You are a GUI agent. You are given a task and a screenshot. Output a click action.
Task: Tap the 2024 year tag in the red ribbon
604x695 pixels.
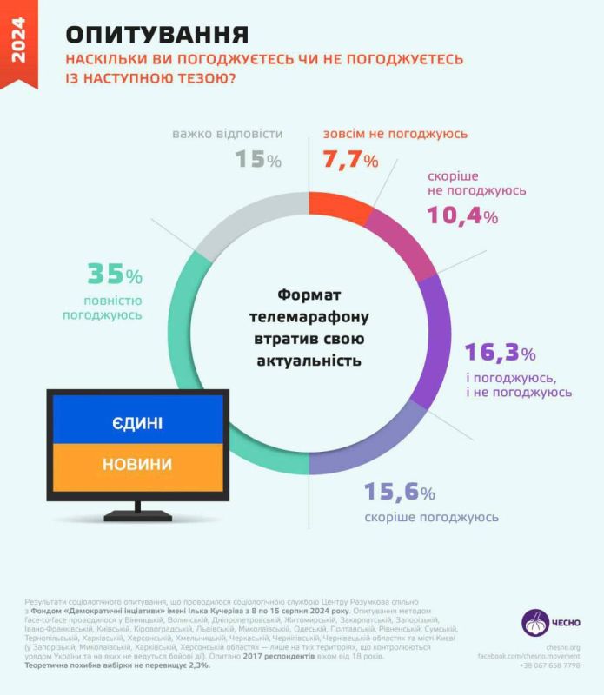tap(18, 43)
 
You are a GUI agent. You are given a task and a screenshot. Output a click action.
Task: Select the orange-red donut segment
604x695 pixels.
tap(335, 208)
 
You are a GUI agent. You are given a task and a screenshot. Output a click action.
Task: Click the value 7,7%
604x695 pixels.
tap(350, 161)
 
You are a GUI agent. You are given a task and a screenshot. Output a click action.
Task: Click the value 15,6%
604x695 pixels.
tap(399, 493)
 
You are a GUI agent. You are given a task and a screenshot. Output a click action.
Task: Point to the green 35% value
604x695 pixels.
tap(114, 275)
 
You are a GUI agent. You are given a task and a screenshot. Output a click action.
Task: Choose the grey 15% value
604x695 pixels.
tap(258, 160)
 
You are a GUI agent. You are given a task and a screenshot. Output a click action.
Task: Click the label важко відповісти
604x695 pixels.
tap(228, 134)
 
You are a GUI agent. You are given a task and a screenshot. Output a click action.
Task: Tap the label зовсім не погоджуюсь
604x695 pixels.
tap(395, 134)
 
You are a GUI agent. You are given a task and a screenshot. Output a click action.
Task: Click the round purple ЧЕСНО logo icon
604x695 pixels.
tap(535, 623)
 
